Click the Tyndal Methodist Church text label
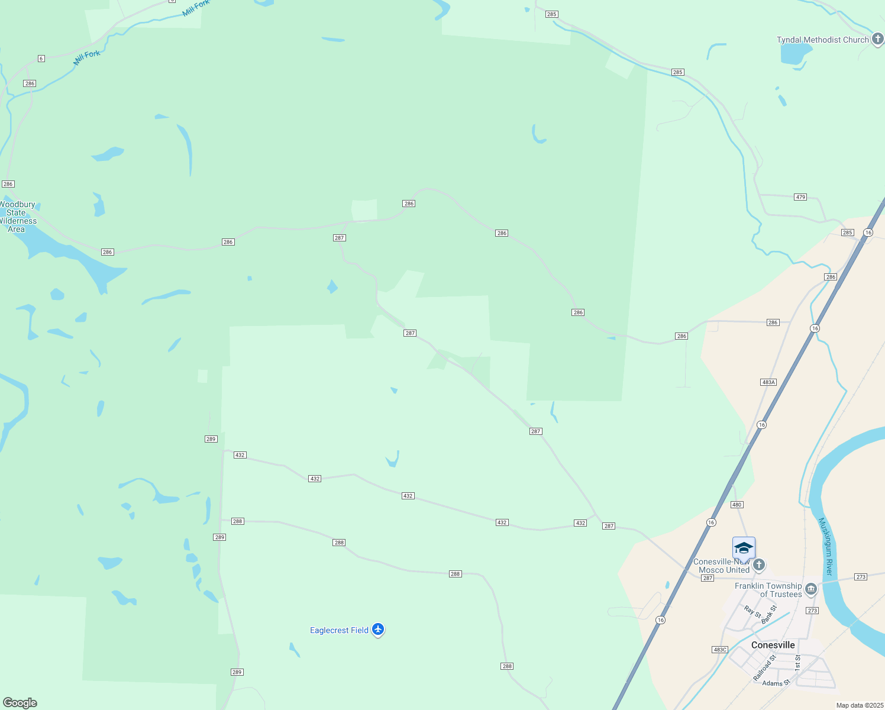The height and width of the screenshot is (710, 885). coord(822,40)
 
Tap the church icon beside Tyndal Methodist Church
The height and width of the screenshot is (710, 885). coord(878,40)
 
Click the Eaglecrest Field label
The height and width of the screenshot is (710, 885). coord(339,630)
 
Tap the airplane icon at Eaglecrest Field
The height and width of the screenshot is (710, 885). coord(378,630)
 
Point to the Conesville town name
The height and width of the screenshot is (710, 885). coord(773,645)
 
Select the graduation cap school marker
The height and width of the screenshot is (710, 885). coord(744,548)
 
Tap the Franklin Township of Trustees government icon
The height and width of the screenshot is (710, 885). coord(811,589)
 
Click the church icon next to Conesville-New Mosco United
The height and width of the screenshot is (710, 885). coord(759,564)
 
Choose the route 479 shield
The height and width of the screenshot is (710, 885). coord(800,197)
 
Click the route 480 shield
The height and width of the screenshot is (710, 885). coord(737,505)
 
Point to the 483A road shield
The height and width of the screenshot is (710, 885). coord(768,382)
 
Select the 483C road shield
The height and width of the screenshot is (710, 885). coord(720,650)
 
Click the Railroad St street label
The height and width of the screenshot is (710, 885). coord(764,667)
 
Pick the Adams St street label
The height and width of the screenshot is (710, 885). coord(776,683)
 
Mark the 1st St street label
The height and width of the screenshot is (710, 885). coord(797,662)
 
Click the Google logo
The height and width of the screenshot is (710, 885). coord(20,703)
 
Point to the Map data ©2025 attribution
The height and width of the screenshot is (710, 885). coord(860,705)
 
